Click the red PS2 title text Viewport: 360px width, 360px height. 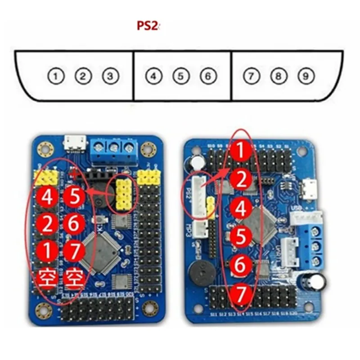148,26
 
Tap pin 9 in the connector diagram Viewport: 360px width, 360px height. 306,76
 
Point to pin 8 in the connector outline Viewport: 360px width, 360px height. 278,76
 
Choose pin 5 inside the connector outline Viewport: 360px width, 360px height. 180,76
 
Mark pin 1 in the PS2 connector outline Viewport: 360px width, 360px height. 55,76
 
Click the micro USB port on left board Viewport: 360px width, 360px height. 74,144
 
